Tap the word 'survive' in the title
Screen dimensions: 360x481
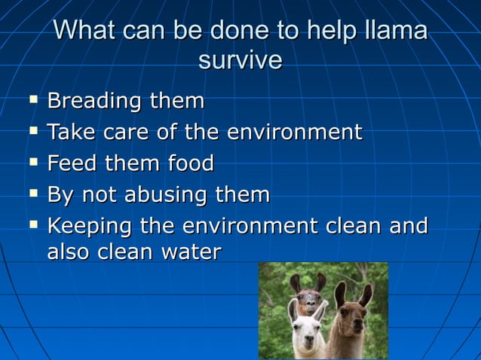point(240,60)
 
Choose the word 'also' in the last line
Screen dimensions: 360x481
point(69,252)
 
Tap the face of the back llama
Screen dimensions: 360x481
point(309,298)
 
